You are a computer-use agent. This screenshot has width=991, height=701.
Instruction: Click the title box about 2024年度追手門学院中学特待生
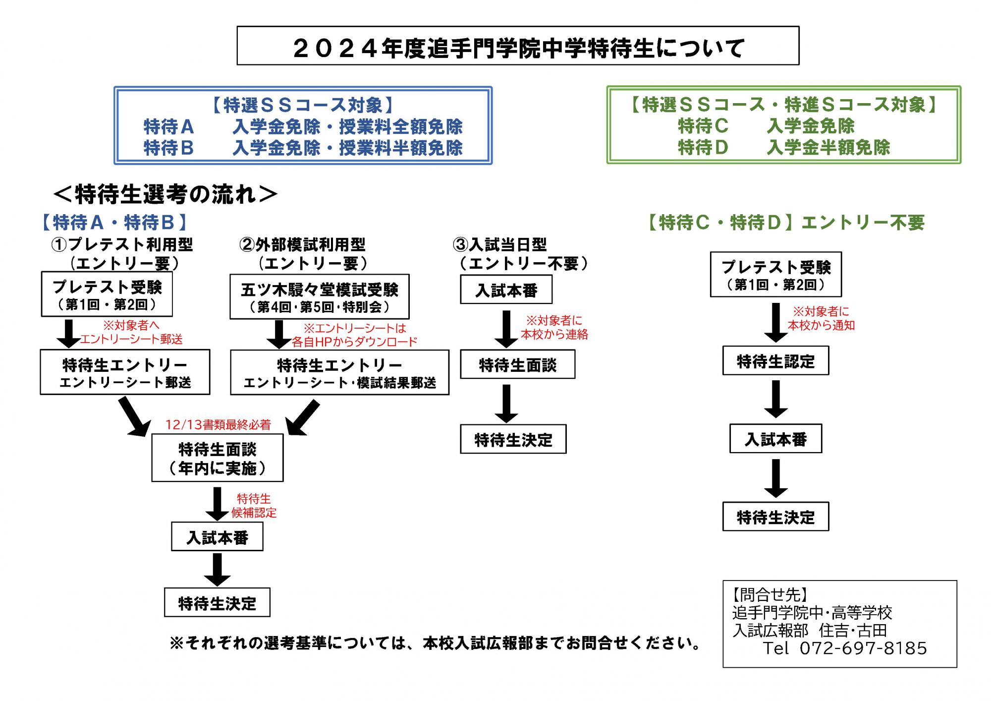[x=518, y=46]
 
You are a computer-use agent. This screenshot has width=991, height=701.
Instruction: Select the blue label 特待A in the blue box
[x=168, y=127]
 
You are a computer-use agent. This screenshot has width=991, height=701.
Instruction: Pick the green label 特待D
[x=703, y=147]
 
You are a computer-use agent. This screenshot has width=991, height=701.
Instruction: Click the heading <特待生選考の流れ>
[x=165, y=194]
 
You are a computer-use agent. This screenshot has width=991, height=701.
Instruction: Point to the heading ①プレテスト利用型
[x=122, y=244]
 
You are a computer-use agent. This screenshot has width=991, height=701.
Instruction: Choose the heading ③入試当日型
[x=499, y=244]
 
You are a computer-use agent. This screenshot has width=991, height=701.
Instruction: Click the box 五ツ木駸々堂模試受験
[x=320, y=296]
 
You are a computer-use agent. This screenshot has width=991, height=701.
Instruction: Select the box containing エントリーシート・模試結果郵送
[x=339, y=372]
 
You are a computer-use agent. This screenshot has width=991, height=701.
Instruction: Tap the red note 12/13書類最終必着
[x=218, y=425]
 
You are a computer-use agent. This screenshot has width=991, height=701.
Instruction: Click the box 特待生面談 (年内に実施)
[x=218, y=458]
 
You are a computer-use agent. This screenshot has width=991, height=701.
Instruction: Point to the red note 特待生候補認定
[x=254, y=506]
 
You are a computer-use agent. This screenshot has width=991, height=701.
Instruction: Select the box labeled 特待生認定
[x=775, y=361]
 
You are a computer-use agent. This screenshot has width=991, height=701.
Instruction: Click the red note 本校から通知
[x=821, y=325]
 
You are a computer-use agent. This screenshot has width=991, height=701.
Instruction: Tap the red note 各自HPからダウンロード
[x=354, y=342]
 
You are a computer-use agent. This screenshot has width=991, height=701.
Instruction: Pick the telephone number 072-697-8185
[x=863, y=648]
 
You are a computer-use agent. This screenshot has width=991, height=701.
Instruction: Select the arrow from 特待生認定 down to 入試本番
[x=776, y=399]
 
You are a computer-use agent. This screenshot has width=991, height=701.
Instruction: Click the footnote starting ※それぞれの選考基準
[x=436, y=643]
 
